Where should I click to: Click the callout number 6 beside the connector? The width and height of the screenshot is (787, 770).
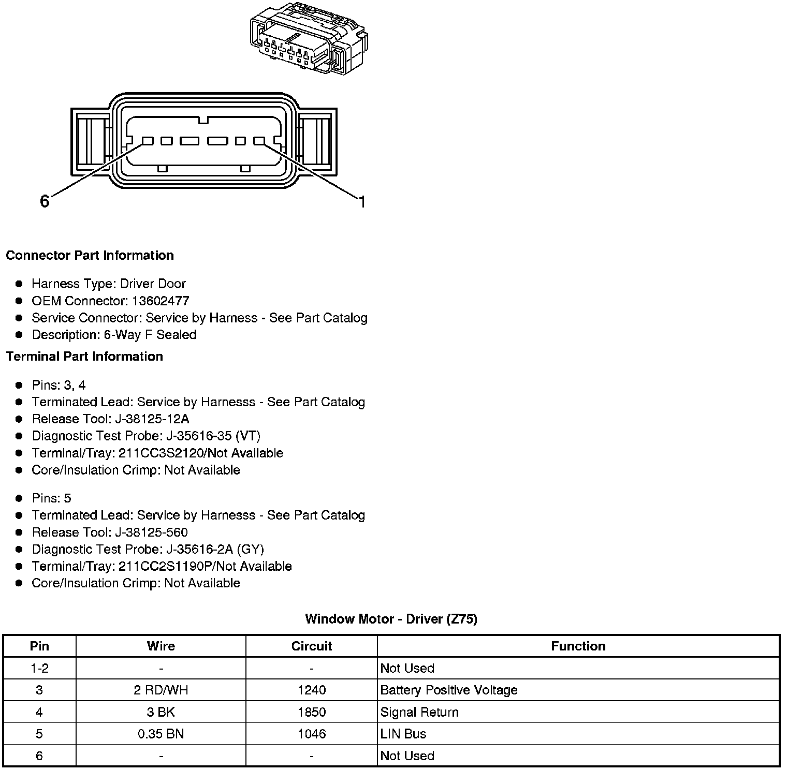click(x=45, y=201)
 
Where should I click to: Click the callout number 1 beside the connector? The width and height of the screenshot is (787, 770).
click(x=362, y=202)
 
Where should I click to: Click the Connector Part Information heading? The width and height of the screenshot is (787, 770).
click(x=90, y=256)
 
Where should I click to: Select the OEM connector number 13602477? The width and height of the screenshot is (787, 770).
click(x=161, y=301)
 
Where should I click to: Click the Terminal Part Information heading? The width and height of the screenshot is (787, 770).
click(x=84, y=357)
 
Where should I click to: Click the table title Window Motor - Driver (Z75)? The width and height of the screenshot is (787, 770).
click(x=391, y=619)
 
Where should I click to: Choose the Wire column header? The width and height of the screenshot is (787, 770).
click(x=161, y=646)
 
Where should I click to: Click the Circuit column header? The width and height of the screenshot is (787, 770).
click(x=311, y=646)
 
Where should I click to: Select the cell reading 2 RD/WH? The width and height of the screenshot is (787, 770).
click(x=161, y=690)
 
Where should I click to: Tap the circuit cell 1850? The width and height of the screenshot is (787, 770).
click(x=311, y=712)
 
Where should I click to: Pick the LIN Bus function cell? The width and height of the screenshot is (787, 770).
click(x=403, y=734)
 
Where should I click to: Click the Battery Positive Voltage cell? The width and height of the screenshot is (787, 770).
click(x=448, y=690)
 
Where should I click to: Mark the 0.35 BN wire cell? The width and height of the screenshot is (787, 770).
click(x=161, y=734)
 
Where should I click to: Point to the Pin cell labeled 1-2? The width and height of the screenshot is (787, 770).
click(x=39, y=668)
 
